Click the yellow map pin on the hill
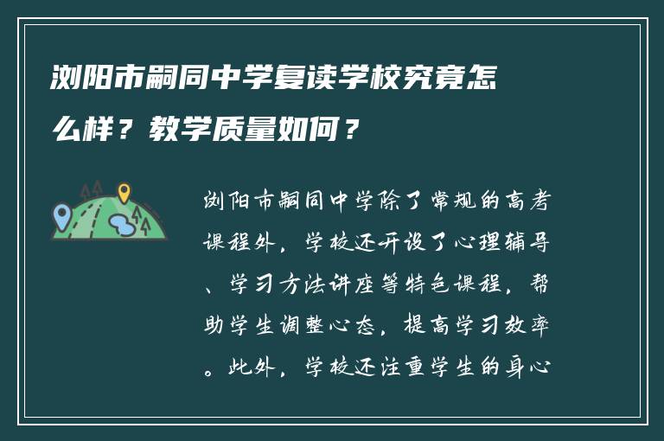point(124,191)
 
